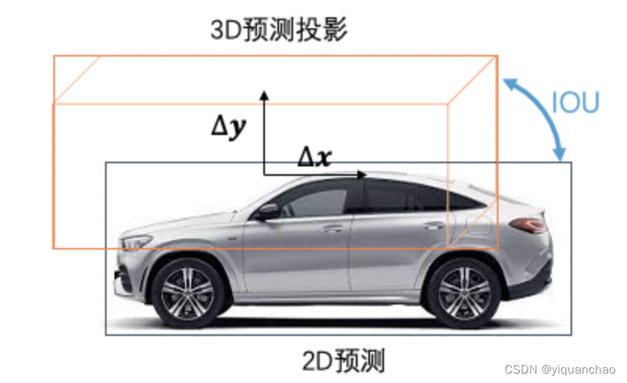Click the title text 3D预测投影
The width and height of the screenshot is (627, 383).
tap(279, 30)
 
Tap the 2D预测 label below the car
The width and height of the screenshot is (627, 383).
tap(343, 360)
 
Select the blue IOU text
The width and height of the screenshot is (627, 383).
tap(575, 102)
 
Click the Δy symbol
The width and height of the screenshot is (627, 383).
tap(229, 127)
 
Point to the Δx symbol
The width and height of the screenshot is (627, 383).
tap(315, 156)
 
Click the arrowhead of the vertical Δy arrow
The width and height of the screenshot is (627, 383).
tap(264, 95)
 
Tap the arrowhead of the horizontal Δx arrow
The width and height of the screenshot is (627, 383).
tap(361, 175)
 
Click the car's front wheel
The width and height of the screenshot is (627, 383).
tap(187, 294)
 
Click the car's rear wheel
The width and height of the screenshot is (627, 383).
tap(464, 294)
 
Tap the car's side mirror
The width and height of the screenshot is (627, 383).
tap(267, 212)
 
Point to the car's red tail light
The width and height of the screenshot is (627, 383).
tap(528, 224)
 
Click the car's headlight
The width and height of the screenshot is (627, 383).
tap(136, 242)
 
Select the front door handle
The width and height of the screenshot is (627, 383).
tap(332, 229)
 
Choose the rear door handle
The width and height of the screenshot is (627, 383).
tap(434, 226)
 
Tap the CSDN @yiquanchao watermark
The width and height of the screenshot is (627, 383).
tap(560, 369)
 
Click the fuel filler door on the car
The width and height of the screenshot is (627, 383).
tap(478, 225)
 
